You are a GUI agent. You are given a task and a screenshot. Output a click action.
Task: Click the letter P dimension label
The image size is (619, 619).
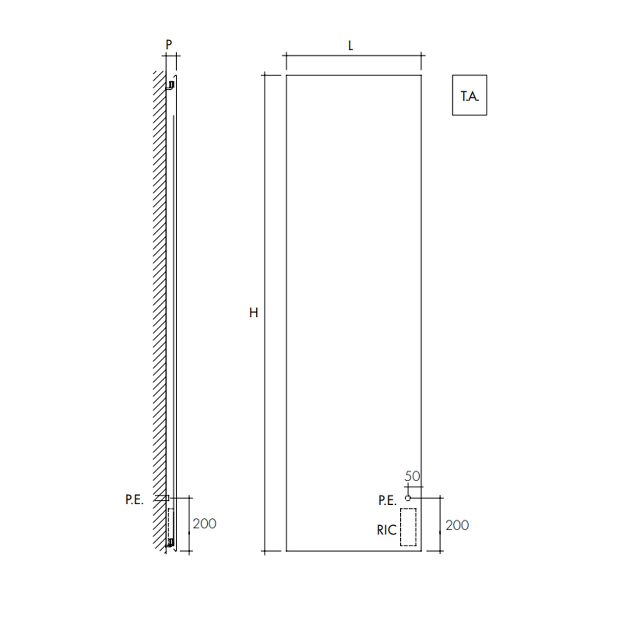click(169, 44)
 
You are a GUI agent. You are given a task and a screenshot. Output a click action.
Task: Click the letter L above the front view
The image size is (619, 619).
click(350, 45)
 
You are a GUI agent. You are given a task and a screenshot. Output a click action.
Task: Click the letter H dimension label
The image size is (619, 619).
click(253, 313)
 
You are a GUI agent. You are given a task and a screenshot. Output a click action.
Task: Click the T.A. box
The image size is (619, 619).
click(470, 95)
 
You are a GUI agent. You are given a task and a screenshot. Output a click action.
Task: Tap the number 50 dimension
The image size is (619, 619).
click(412, 476)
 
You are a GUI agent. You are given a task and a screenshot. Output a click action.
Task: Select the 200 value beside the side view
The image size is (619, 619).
click(204, 524)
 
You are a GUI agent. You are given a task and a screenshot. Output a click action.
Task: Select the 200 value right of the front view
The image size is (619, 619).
click(457, 525)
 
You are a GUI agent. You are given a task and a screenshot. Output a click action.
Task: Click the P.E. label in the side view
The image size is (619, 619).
click(135, 500)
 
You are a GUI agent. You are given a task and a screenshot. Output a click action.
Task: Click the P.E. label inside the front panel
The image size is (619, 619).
click(387, 501)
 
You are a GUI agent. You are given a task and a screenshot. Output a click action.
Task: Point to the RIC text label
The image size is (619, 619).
click(386, 530)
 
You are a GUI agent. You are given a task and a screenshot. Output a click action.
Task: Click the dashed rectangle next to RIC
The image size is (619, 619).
click(408, 527)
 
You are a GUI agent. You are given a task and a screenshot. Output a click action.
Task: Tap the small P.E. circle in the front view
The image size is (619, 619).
click(408, 498)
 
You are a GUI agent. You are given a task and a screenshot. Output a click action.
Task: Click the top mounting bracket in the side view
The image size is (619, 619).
click(170, 85)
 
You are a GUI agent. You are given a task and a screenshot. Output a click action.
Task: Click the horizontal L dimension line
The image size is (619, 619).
click(354, 55)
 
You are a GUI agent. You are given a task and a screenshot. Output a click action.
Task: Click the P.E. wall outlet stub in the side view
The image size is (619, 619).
click(162, 498)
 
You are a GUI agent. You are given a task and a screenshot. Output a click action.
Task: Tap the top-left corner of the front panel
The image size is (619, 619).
click(286, 75)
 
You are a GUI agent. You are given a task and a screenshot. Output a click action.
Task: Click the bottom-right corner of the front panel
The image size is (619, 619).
click(421, 550)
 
